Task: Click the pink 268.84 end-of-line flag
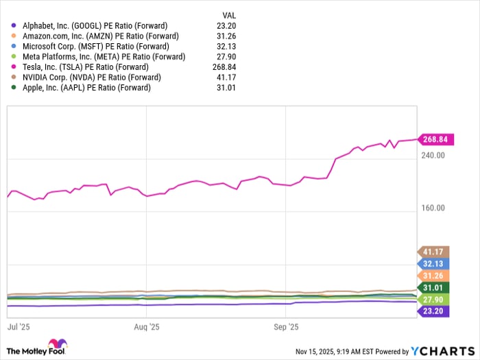pyautogui.click(x=433, y=139)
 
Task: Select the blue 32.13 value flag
pyautogui.click(x=433, y=263)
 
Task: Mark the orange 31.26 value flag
pyautogui.click(x=433, y=276)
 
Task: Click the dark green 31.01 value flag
pyautogui.click(x=433, y=287)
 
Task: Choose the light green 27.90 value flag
pyautogui.click(x=433, y=300)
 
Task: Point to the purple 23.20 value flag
pyautogui.click(x=433, y=311)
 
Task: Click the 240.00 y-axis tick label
pyautogui.click(x=432, y=156)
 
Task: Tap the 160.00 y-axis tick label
pyautogui.click(x=432, y=208)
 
